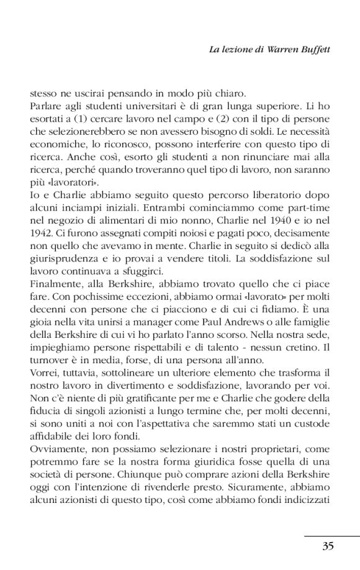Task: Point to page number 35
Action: (328, 546)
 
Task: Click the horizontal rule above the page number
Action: (333, 535)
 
